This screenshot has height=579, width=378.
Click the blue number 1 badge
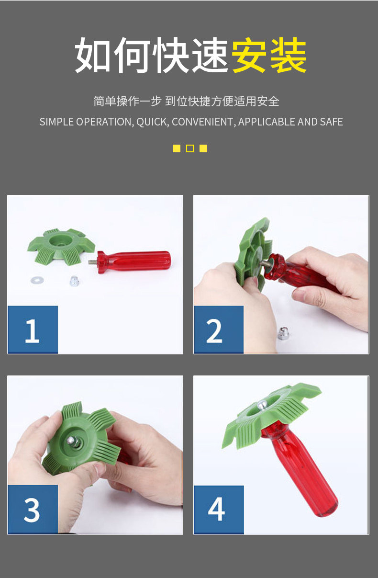tap(33, 329)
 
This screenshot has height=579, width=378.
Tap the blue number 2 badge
tap(219, 329)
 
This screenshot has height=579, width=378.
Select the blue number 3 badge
tap(33, 509)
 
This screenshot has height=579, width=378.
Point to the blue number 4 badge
tap(219, 510)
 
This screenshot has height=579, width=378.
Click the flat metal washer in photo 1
tap(37, 280)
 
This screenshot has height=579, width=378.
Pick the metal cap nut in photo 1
tap(74, 281)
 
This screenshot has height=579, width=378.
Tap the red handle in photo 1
tap(134, 261)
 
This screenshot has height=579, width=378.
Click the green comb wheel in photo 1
tap(61, 247)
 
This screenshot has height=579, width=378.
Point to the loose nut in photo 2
tap(283, 333)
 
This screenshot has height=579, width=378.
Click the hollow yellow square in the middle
tap(190, 148)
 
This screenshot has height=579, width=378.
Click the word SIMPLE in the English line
tap(56, 122)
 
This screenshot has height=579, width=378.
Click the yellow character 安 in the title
tap(249, 55)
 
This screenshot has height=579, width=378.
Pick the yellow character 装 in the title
tap(288, 55)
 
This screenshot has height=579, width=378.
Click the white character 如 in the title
tap(93, 55)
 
